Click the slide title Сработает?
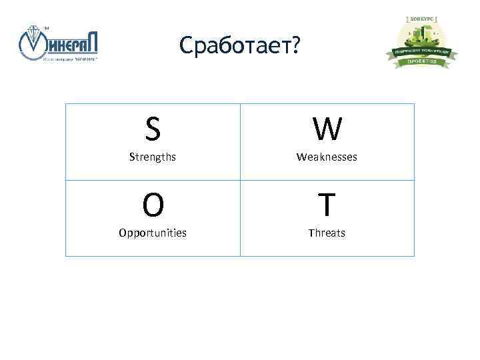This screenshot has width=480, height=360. (240, 45)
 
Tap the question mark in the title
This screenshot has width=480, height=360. (295, 45)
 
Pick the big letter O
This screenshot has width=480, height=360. (153, 205)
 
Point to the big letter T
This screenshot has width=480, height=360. (327, 205)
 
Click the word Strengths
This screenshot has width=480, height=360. (153, 157)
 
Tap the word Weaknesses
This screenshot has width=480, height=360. (327, 157)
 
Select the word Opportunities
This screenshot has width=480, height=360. (153, 233)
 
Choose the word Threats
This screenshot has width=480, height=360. (327, 233)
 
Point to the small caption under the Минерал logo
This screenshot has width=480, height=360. (70, 59)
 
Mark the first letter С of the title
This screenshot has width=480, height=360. (187, 45)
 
